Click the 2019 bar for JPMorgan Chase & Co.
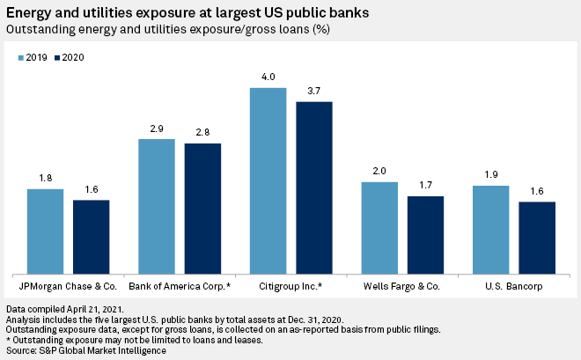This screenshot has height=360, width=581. pyautogui.click(x=45, y=231)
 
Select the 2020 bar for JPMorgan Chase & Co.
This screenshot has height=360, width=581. pyautogui.click(x=91, y=236)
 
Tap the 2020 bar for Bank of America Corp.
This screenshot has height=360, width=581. pyautogui.click(x=202, y=208)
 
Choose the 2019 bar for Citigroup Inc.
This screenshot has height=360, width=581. pyautogui.click(x=268, y=180)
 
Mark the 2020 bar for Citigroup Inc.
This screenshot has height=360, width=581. pyautogui.click(x=314, y=187)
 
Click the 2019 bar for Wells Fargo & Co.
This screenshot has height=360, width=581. pyautogui.click(x=380, y=227)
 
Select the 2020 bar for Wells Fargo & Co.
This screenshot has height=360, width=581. pyautogui.click(x=426, y=234)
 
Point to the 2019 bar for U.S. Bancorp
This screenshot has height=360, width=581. pyautogui.click(x=491, y=229)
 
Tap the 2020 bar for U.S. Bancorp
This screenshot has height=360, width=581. pyautogui.click(x=537, y=237)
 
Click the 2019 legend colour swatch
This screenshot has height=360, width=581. pyautogui.click(x=21, y=57)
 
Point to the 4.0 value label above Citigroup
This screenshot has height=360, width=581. pyautogui.click(x=268, y=77)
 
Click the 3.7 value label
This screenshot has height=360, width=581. pyautogui.click(x=314, y=92)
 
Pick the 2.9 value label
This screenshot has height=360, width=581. pyautogui.click(x=157, y=129)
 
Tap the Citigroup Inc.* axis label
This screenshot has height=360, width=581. pyautogui.click(x=291, y=287)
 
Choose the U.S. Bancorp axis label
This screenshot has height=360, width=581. pyautogui.click(x=514, y=287)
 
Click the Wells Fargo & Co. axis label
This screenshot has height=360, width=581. pyautogui.click(x=402, y=287)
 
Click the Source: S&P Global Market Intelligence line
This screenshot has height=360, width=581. pyautogui.click(x=85, y=351)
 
